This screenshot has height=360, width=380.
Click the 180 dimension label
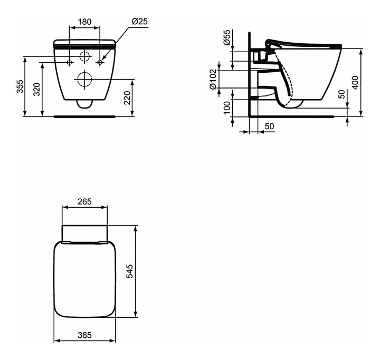(84, 22)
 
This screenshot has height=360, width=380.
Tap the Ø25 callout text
(139, 22)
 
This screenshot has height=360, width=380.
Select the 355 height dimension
(20, 86)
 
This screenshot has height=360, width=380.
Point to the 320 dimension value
(36, 89)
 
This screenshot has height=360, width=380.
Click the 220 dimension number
(128, 98)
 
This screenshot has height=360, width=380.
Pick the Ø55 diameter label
(226, 37)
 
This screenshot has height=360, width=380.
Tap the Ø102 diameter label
(213, 79)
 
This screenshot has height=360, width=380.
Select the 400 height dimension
(355, 83)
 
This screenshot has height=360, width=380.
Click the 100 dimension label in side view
(226, 108)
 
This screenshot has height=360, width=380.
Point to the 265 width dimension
(84, 201)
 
